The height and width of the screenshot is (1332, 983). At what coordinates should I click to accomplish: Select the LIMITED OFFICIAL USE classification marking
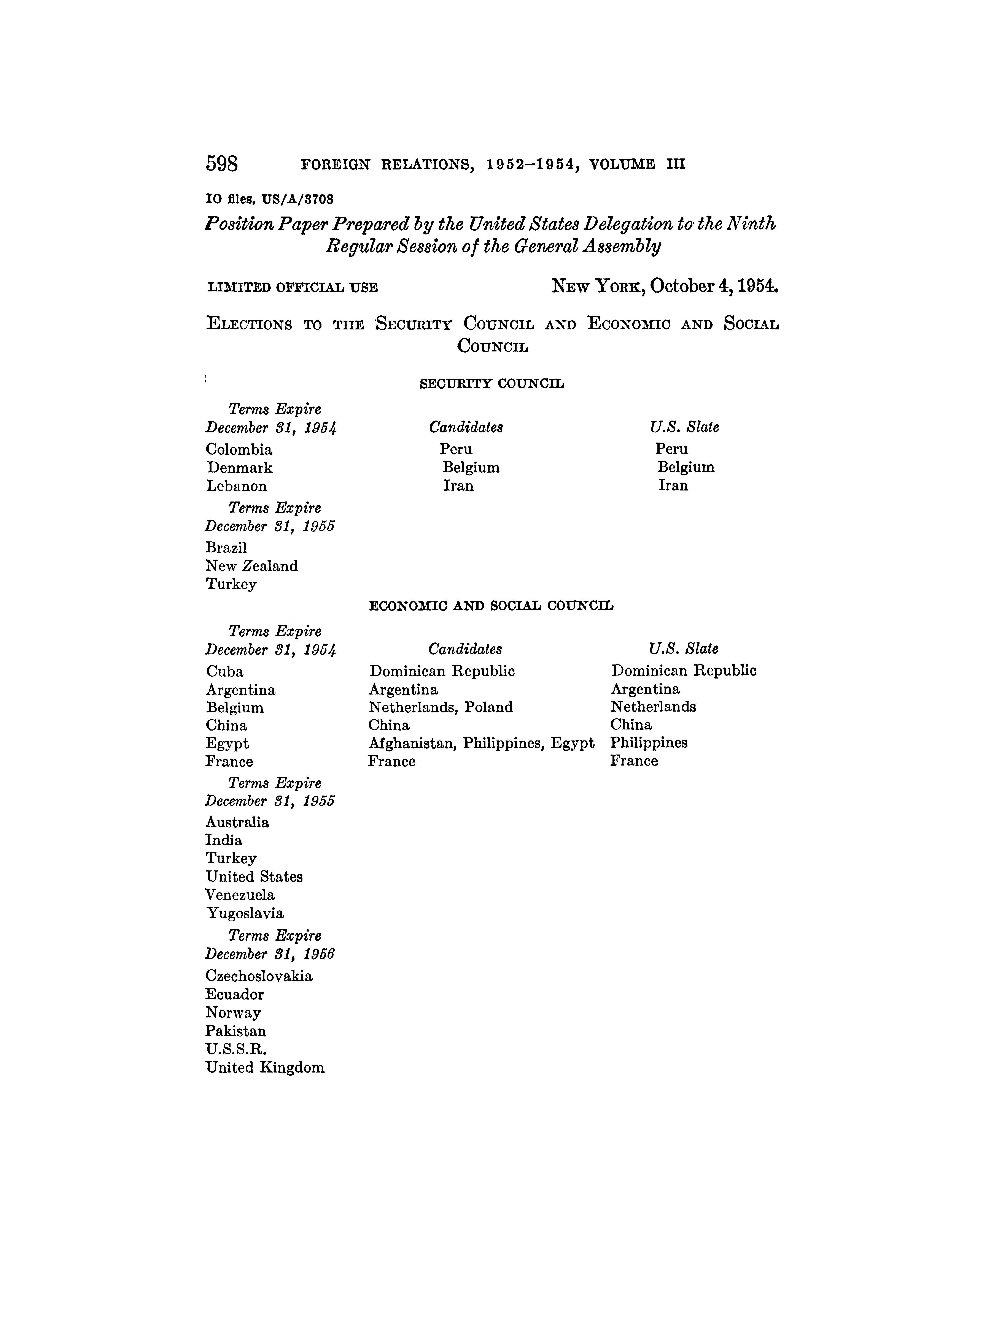(292, 288)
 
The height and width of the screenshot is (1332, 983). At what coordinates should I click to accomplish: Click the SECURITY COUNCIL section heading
(491, 384)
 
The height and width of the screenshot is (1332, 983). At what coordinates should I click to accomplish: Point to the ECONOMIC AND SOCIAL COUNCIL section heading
(491, 606)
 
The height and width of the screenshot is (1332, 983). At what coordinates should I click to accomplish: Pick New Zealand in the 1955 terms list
(252, 566)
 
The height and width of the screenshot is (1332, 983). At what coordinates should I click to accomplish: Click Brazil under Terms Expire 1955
(226, 548)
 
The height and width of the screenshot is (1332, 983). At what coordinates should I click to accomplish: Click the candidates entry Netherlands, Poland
(441, 708)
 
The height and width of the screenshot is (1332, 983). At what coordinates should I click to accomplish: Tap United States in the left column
(254, 877)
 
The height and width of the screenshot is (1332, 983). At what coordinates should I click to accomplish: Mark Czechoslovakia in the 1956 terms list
(259, 976)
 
